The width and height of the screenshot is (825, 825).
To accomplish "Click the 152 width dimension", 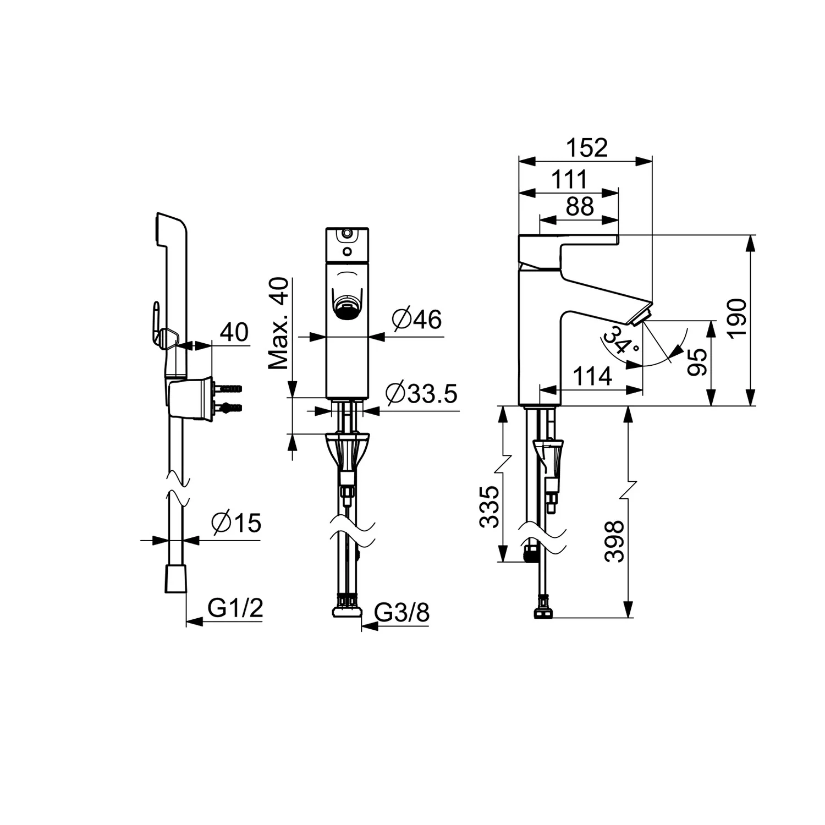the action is tap(587, 148).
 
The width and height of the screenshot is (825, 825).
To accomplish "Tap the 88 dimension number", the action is tap(580, 206).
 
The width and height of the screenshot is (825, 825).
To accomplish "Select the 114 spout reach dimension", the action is tap(592, 377).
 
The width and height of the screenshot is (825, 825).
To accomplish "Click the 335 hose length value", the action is tap(489, 507).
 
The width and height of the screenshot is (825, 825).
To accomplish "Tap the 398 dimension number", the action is tap(614, 541).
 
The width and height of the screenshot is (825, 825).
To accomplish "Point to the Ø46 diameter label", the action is tap(417, 318).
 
